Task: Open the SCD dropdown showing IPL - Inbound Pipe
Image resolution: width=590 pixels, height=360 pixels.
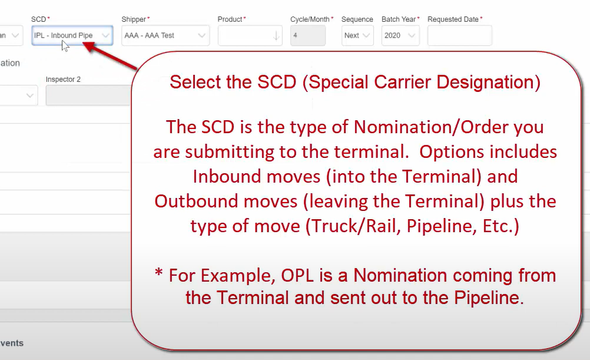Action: coord(72,35)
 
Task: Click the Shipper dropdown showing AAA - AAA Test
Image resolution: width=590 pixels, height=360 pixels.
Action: coord(165,35)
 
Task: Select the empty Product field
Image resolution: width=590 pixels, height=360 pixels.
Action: coord(250,35)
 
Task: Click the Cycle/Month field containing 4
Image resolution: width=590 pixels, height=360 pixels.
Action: coord(308,35)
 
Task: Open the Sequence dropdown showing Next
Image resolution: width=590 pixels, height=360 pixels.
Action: coord(357,35)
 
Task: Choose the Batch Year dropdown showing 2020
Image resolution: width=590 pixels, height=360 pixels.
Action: coord(400,35)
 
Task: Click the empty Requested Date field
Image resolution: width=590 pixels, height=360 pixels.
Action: coord(459,35)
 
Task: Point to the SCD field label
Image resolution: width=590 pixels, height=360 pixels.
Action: coord(39,19)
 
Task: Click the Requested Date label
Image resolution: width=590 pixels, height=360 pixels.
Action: coord(453,19)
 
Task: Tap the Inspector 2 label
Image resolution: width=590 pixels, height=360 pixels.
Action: coord(63,80)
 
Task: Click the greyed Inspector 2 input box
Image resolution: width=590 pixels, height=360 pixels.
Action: coord(89,95)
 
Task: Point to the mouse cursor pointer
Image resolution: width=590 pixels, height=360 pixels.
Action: coord(65,46)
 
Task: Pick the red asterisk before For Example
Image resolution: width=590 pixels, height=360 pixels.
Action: coord(158,272)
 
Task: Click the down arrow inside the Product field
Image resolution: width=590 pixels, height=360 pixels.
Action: coord(276,36)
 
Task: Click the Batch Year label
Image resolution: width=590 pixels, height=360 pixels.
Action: coord(399,19)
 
